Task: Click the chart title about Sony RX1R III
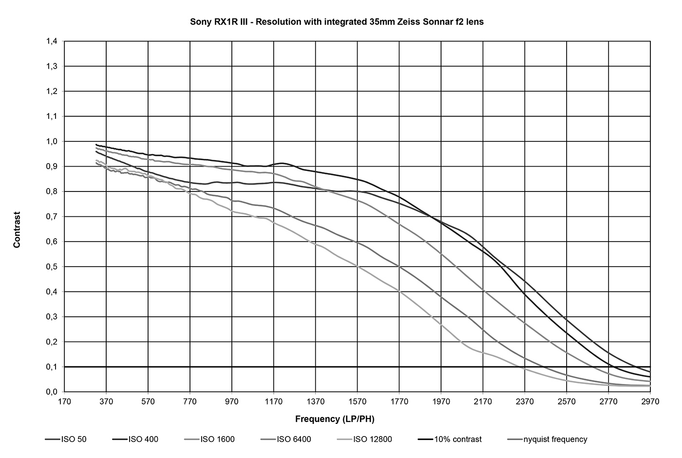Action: (x=337, y=22)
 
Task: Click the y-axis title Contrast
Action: (x=17, y=229)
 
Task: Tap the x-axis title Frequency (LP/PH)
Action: (x=335, y=419)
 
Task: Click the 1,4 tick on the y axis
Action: (x=52, y=41)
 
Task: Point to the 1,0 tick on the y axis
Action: (x=52, y=141)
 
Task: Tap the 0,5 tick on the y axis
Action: (x=52, y=267)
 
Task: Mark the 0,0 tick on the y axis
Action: (x=52, y=392)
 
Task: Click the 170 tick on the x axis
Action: (x=64, y=401)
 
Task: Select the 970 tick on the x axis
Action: (x=232, y=401)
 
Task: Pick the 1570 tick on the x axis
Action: (x=357, y=401)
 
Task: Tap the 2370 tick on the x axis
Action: (x=525, y=401)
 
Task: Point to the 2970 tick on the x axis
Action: (x=650, y=401)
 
